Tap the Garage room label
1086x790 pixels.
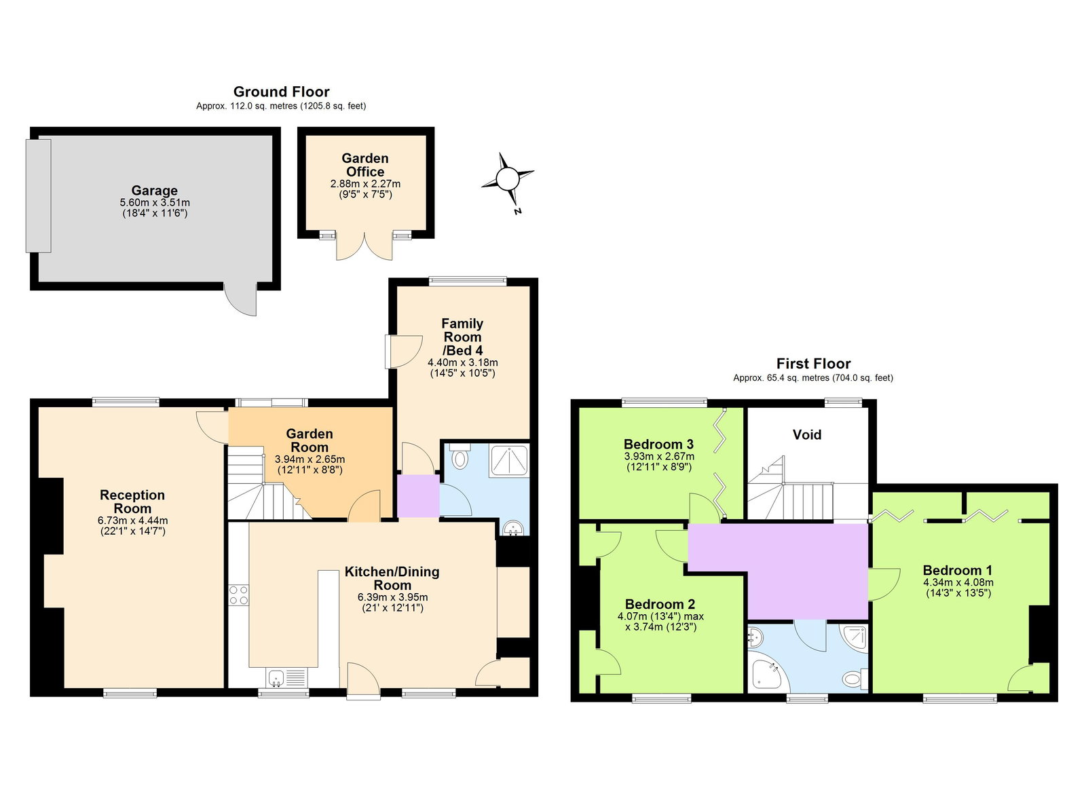click(x=155, y=191)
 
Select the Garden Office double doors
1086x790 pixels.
click(x=365, y=247)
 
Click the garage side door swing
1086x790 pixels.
click(x=242, y=299)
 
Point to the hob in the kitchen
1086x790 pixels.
click(x=238, y=595)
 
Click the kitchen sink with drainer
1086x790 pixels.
click(x=286, y=677)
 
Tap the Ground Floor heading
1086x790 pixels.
click(x=281, y=92)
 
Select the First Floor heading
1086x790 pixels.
click(x=813, y=364)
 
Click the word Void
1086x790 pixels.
click(x=806, y=434)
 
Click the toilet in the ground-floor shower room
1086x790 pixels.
click(x=460, y=457)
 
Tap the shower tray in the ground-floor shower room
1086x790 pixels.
click(x=509, y=460)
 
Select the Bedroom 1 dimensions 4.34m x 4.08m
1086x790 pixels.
click(x=958, y=582)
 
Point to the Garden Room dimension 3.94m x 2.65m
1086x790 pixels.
click(x=310, y=459)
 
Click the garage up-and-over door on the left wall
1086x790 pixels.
click(x=39, y=195)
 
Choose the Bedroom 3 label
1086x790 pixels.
click(x=658, y=445)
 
